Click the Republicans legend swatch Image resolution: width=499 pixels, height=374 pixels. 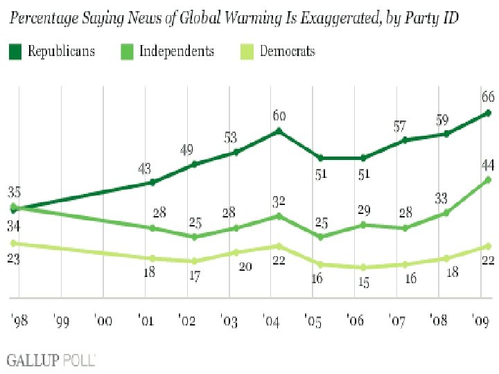pyautogui.click(x=15, y=51)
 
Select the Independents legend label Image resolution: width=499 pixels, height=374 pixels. pyautogui.click(x=177, y=51)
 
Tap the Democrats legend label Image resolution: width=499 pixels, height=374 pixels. pyautogui.click(x=287, y=51)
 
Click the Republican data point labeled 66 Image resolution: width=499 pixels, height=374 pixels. pyautogui.click(x=489, y=112)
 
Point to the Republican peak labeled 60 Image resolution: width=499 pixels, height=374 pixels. pyautogui.click(x=279, y=130)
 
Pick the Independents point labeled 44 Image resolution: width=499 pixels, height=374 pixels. pyautogui.click(x=489, y=179)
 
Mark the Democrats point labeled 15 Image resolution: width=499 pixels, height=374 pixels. pyautogui.click(x=362, y=267)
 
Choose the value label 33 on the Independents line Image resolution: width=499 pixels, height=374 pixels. pyautogui.click(x=441, y=198)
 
